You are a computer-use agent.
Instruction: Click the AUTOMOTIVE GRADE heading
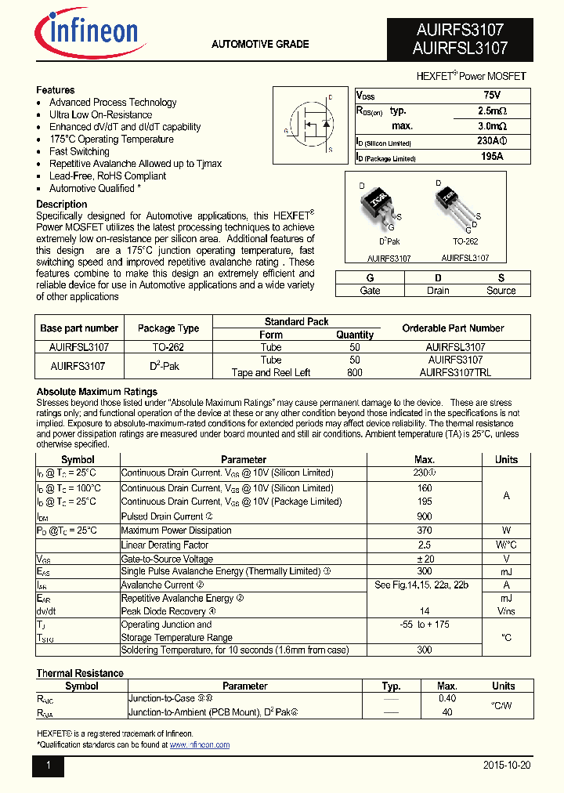coord(260,44)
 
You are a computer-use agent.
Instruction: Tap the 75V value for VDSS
coord(492,95)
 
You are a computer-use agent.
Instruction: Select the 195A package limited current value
coord(492,157)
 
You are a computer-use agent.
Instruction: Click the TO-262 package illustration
coord(457,207)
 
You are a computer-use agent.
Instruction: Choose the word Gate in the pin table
coord(370,291)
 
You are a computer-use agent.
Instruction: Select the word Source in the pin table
coord(501,291)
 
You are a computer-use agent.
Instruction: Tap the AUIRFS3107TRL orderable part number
coord(455,373)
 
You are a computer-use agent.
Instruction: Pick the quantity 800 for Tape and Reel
coord(354,373)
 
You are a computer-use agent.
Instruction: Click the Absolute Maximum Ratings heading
coord(97,392)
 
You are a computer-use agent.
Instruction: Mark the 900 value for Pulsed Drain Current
coord(425,516)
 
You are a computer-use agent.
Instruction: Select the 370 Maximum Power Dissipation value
coord(425,530)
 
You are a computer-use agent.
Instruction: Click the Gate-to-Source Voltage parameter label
coord(167,559)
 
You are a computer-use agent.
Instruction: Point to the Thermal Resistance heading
coord(80,673)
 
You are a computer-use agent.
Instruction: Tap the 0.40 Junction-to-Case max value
coord(447,698)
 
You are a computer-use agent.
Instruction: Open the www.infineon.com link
coord(200,745)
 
